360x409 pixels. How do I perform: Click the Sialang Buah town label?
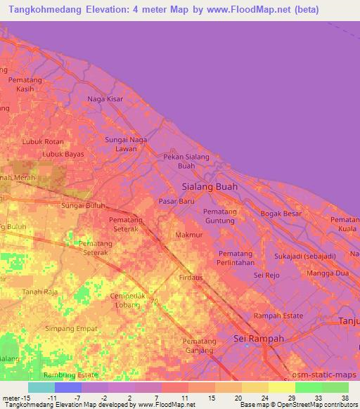[210, 187]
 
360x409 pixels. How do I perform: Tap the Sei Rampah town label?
[258, 339]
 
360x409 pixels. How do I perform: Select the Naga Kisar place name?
[105, 99]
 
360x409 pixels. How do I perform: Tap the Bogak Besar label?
[281, 214]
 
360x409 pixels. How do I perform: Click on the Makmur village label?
[188, 235]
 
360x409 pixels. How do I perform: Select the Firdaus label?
[191, 278]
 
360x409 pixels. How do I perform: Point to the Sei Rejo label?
[267, 275]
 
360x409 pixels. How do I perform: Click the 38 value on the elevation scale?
[345, 398]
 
